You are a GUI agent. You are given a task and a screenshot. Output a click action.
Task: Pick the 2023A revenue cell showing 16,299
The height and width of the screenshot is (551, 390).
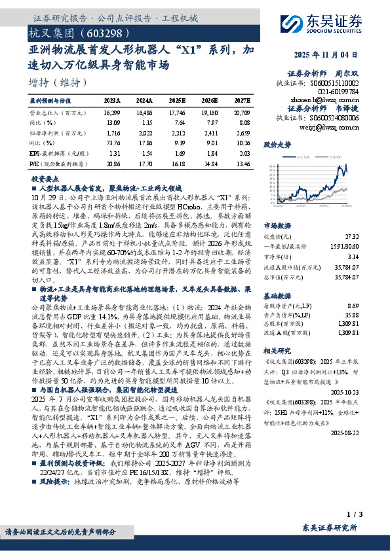(112, 112)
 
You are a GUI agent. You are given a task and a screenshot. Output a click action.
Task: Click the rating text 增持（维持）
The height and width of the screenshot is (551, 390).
(58, 82)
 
